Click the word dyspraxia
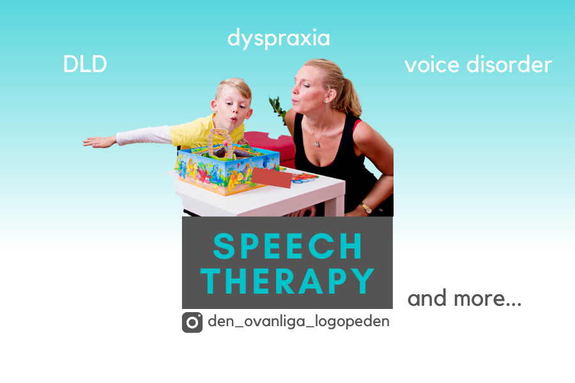pos(279,38)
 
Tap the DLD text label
pos(85,64)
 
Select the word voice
pos(432,65)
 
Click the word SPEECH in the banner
pos(287,246)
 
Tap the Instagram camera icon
pos(192,322)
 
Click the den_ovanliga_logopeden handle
pos(298,321)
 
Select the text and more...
pos(464,298)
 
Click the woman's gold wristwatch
pos(365,207)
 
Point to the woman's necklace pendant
pos(317,144)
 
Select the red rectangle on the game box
pos(272,177)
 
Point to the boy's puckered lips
pos(233,119)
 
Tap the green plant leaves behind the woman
pos(278,108)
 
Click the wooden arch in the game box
pos(220,143)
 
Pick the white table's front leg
pos(334,200)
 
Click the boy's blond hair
pos(234,88)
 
